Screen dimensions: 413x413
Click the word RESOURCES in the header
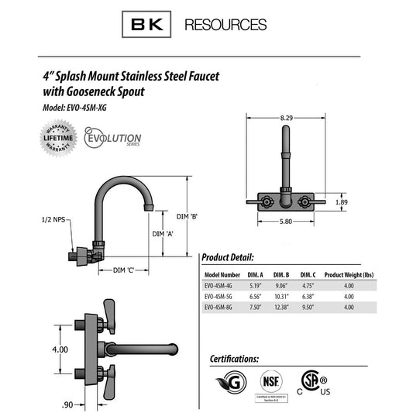coord(225,25)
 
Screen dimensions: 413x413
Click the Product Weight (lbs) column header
coord(350,274)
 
